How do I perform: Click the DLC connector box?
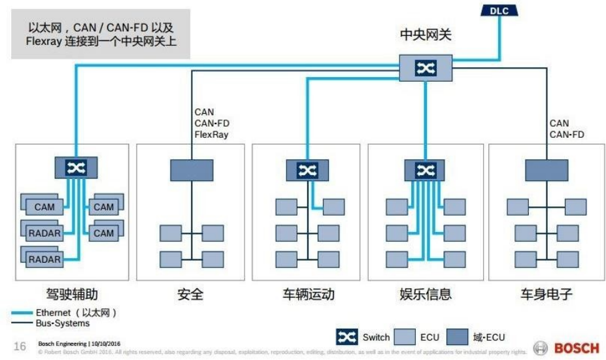click(499, 10)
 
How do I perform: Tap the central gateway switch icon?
click(425, 68)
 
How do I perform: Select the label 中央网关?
click(426, 34)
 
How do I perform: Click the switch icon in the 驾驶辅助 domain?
click(76, 168)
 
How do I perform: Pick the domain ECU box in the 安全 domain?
click(192, 170)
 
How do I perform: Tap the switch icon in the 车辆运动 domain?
click(307, 170)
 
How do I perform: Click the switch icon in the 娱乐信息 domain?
click(425, 170)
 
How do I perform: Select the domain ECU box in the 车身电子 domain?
click(547, 170)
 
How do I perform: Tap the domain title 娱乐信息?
click(426, 294)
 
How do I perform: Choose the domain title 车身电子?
click(547, 294)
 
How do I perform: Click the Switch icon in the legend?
click(346, 337)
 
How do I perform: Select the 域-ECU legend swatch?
click(458, 337)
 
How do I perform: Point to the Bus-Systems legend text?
click(63, 323)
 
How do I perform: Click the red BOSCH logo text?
click(576, 348)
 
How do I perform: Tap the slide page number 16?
click(20, 346)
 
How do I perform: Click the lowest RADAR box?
click(44, 259)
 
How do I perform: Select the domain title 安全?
click(190, 294)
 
